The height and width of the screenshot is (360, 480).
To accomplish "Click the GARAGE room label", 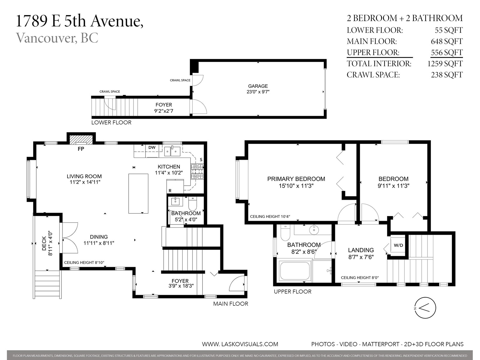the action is pyautogui.click(x=258, y=86).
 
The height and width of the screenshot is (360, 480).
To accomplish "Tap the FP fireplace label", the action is pyautogui.click(x=81, y=149).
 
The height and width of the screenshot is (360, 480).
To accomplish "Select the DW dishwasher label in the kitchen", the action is pyautogui.click(x=152, y=147).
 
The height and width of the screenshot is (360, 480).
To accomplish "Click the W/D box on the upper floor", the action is pyautogui.click(x=398, y=245).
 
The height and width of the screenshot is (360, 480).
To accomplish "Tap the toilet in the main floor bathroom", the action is pyautogui.click(x=192, y=203).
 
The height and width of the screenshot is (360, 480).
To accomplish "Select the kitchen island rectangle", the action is pyautogui.click(x=138, y=193).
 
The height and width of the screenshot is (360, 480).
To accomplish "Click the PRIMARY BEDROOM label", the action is pyautogui.click(x=296, y=179).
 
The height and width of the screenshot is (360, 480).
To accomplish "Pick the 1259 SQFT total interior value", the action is pyautogui.click(x=445, y=64).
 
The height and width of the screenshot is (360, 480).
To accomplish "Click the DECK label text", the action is pyautogui.click(x=44, y=243).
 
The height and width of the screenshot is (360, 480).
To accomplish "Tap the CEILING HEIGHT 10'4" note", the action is pyautogui.click(x=270, y=217).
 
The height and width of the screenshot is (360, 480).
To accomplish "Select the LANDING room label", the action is pyautogui.click(x=361, y=250).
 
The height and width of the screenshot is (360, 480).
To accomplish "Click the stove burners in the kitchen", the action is pyautogui.click(x=197, y=172).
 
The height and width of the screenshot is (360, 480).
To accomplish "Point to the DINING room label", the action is pyautogui.click(x=99, y=237).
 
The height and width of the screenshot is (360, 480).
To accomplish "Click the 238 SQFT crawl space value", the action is pyautogui.click(x=447, y=75).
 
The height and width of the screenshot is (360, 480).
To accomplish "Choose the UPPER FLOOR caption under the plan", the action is pyautogui.click(x=292, y=292).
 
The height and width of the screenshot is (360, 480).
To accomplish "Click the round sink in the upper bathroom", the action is pyautogui.click(x=314, y=230).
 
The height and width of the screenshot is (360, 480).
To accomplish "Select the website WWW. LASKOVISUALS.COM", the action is pyautogui.click(x=240, y=344).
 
